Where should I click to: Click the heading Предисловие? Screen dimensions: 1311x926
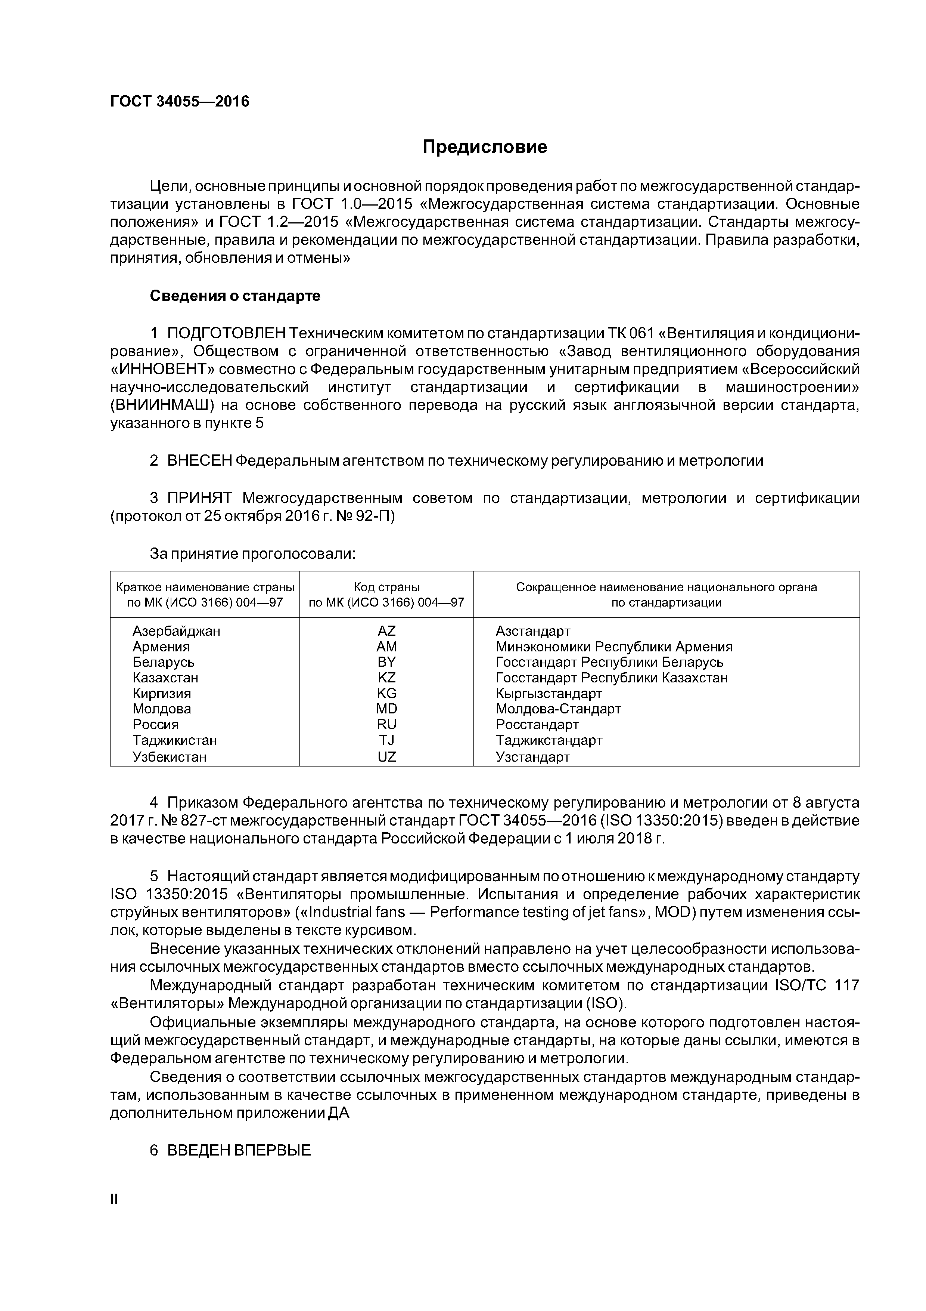pyautogui.click(x=484, y=147)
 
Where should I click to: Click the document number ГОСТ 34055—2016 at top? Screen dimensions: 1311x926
pyautogui.click(x=180, y=102)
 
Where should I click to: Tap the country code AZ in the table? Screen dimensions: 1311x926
pyautogui.click(x=386, y=631)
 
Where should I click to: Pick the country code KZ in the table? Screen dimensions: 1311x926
pyautogui.click(x=386, y=678)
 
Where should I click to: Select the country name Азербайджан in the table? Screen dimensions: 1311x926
pyautogui.click(x=176, y=631)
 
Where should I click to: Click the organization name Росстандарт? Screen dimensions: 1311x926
pyautogui.click(x=537, y=725)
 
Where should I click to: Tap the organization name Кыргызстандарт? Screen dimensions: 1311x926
pyautogui.click(x=548, y=694)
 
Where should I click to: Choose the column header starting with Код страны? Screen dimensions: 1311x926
pyautogui.click(x=386, y=595)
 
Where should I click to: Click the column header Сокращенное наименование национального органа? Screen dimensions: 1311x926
pyautogui.click(x=666, y=587)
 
